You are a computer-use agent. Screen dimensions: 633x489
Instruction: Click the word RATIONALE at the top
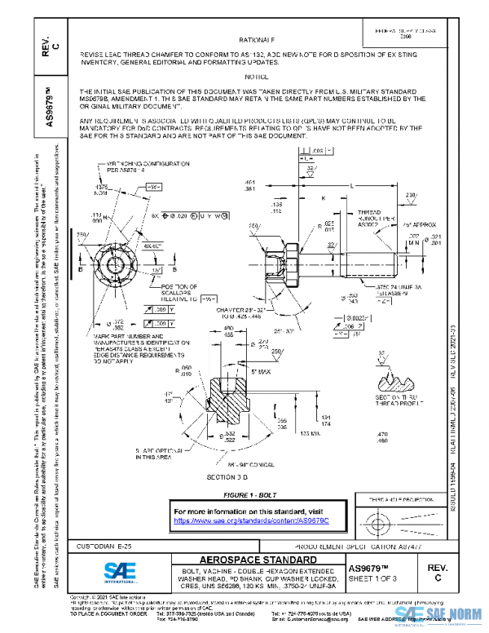coord(256,39)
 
